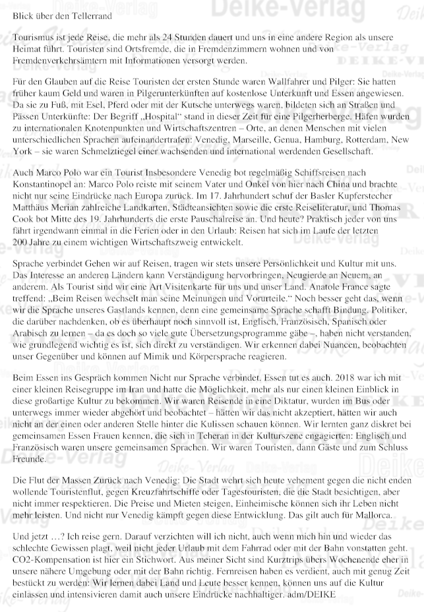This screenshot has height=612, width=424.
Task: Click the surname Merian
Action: click(69, 212)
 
